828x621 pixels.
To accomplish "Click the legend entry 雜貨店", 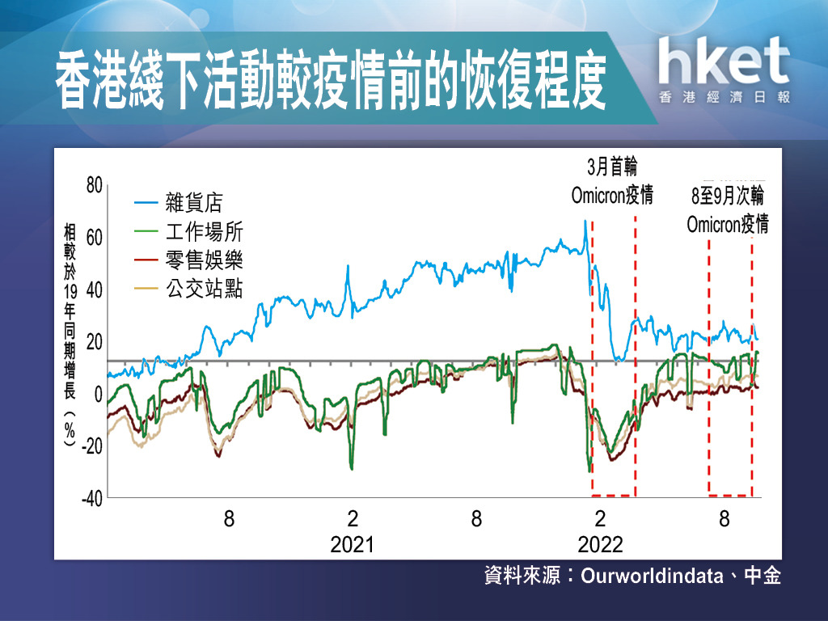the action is (x=194, y=202).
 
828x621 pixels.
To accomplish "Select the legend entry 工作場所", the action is (x=205, y=232).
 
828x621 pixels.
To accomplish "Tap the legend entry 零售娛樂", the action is (x=205, y=260).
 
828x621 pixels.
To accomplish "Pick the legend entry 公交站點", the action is (x=205, y=289).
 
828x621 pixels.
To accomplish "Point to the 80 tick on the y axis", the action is (x=94, y=185).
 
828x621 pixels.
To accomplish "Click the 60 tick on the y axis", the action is (x=94, y=238).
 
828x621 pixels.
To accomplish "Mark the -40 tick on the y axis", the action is (x=92, y=498).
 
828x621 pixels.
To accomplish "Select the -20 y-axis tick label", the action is (x=92, y=446).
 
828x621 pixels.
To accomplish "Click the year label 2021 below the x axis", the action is (x=353, y=544).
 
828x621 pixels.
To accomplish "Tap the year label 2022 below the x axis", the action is (x=601, y=544).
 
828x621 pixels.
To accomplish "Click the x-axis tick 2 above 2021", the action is (x=353, y=518).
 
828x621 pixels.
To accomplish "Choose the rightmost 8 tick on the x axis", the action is (x=724, y=518).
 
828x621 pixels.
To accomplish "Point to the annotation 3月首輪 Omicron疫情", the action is (x=613, y=181).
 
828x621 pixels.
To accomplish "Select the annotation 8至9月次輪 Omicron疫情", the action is (x=728, y=209).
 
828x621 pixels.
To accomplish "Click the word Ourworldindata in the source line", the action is (x=653, y=576).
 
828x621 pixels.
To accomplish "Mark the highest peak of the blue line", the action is (x=585, y=221).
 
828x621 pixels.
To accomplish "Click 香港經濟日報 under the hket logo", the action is (x=724, y=97).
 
